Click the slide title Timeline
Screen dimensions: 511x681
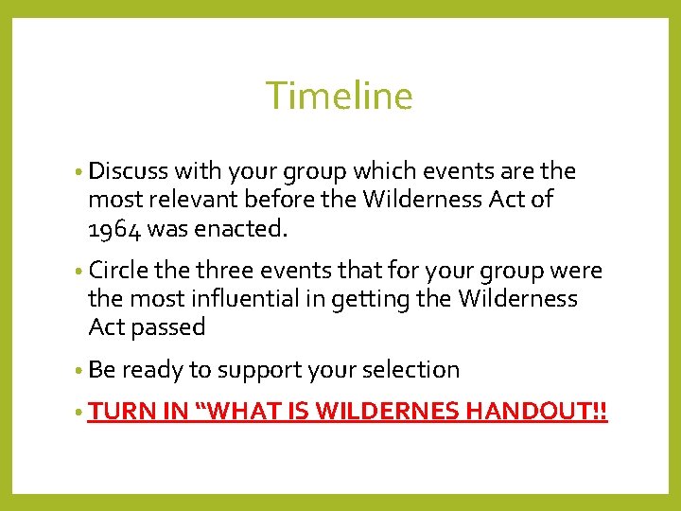click(x=339, y=97)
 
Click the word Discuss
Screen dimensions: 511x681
click(x=128, y=171)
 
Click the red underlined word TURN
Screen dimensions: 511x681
click(x=115, y=413)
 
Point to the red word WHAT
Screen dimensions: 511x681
click(x=225, y=413)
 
